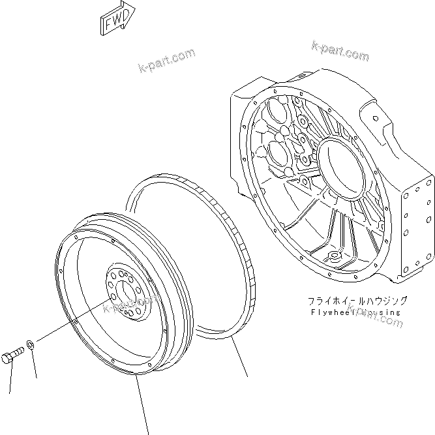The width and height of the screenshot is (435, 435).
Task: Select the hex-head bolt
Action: click(14, 355)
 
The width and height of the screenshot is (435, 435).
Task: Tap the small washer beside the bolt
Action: click(31, 344)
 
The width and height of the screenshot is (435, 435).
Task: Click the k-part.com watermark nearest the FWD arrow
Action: click(167, 61)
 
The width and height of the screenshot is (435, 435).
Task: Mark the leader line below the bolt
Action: click(11, 378)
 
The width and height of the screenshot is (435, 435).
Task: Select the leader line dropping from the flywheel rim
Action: click(143, 404)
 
